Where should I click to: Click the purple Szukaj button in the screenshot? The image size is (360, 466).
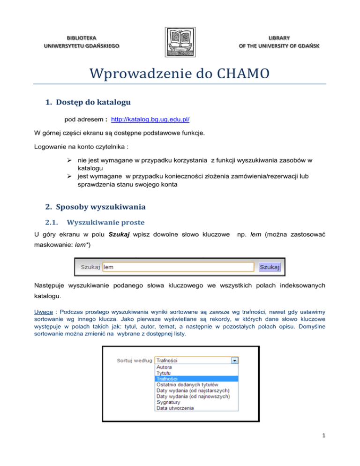pos(270,267)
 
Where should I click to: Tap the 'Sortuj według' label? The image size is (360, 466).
pos(134,361)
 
